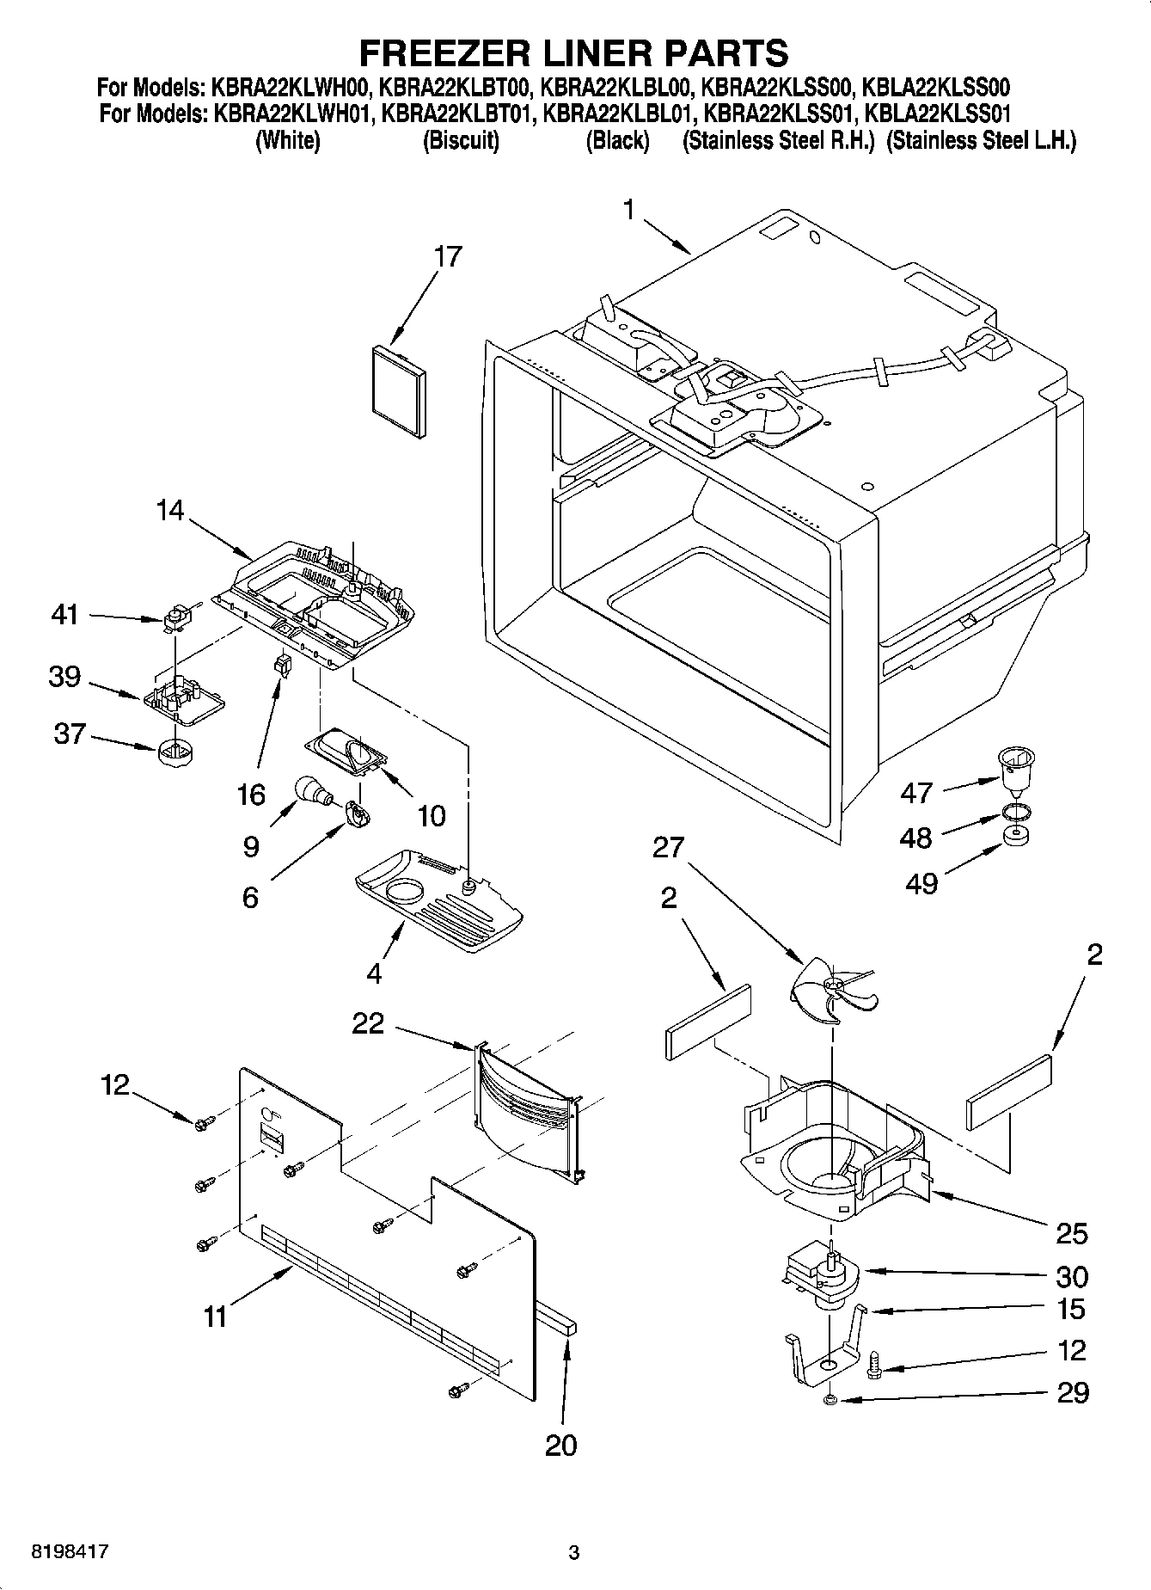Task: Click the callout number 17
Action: tap(448, 256)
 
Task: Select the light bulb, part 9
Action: tap(311, 789)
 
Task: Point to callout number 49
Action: tap(922, 883)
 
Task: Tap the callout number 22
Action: tap(368, 1023)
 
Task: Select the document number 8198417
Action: tap(70, 1552)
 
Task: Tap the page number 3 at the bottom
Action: tap(574, 1553)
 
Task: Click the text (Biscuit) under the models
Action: tap(461, 141)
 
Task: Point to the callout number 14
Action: tap(169, 510)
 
